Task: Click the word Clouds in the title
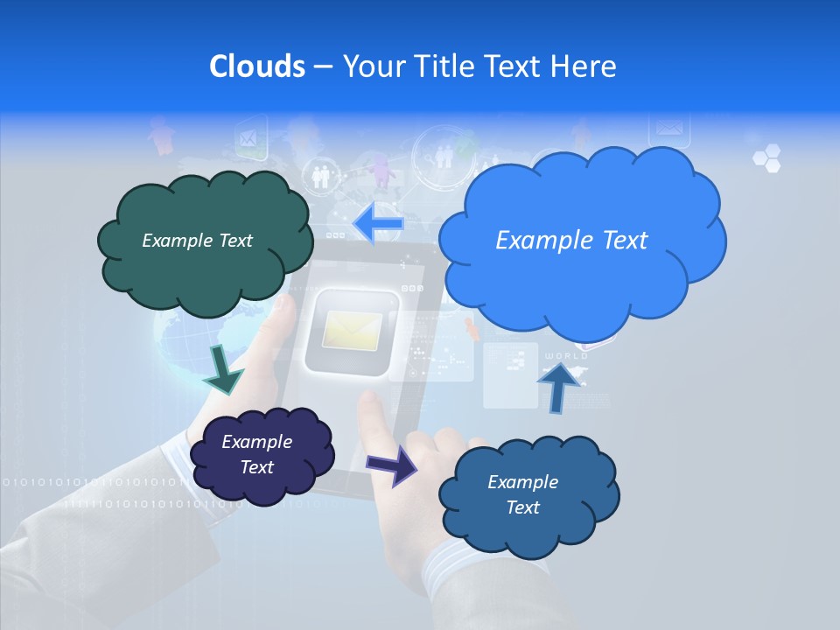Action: (256, 66)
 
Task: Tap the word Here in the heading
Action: (584, 66)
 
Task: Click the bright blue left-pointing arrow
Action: (378, 224)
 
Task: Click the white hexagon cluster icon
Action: (766, 158)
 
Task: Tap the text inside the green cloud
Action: (197, 241)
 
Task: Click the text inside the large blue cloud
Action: (571, 241)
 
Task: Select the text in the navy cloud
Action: (256, 455)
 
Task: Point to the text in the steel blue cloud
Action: (522, 494)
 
